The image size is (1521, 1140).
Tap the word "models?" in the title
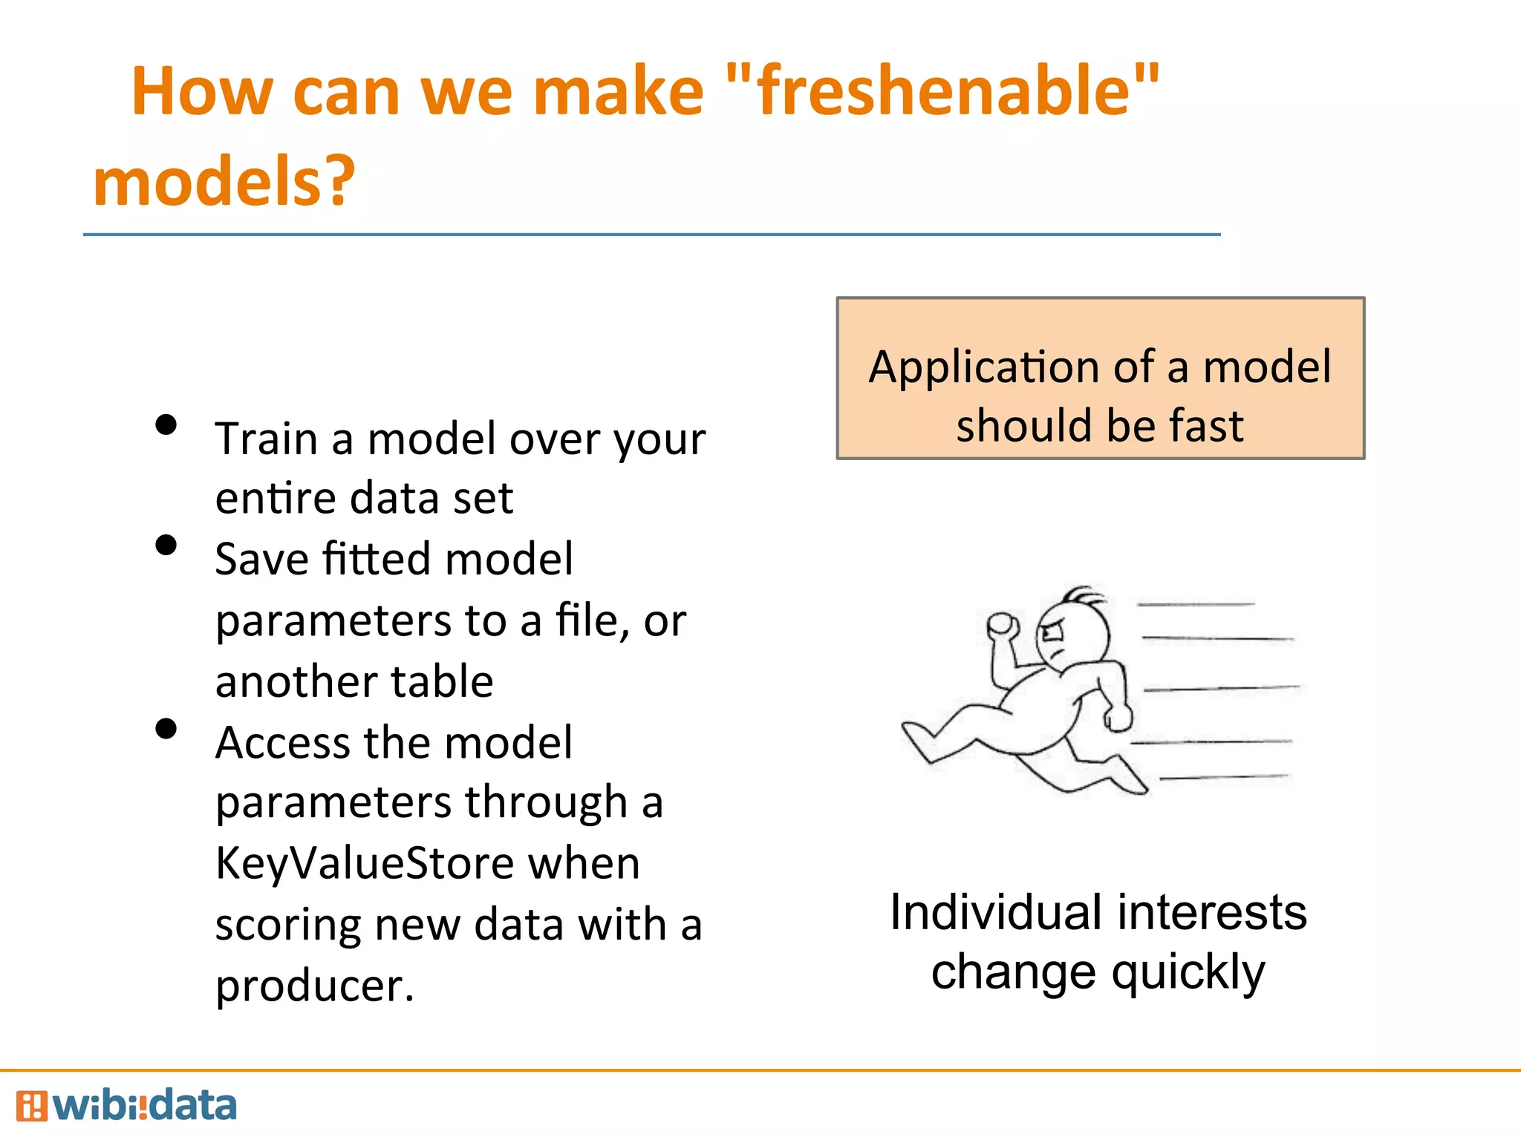[x=224, y=182]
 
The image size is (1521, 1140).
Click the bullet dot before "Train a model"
[x=166, y=425]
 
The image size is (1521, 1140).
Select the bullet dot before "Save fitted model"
[x=166, y=546]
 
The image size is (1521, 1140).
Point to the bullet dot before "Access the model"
[x=166, y=729]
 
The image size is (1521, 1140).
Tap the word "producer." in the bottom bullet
[x=314, y=986]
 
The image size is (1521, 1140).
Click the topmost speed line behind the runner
[x=1196, y=605]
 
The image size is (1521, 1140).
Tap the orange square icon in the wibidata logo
[x=31, y=1106]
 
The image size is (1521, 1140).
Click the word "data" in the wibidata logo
[x=192, y=1106]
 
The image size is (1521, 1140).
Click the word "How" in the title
[x=201, y=92]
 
